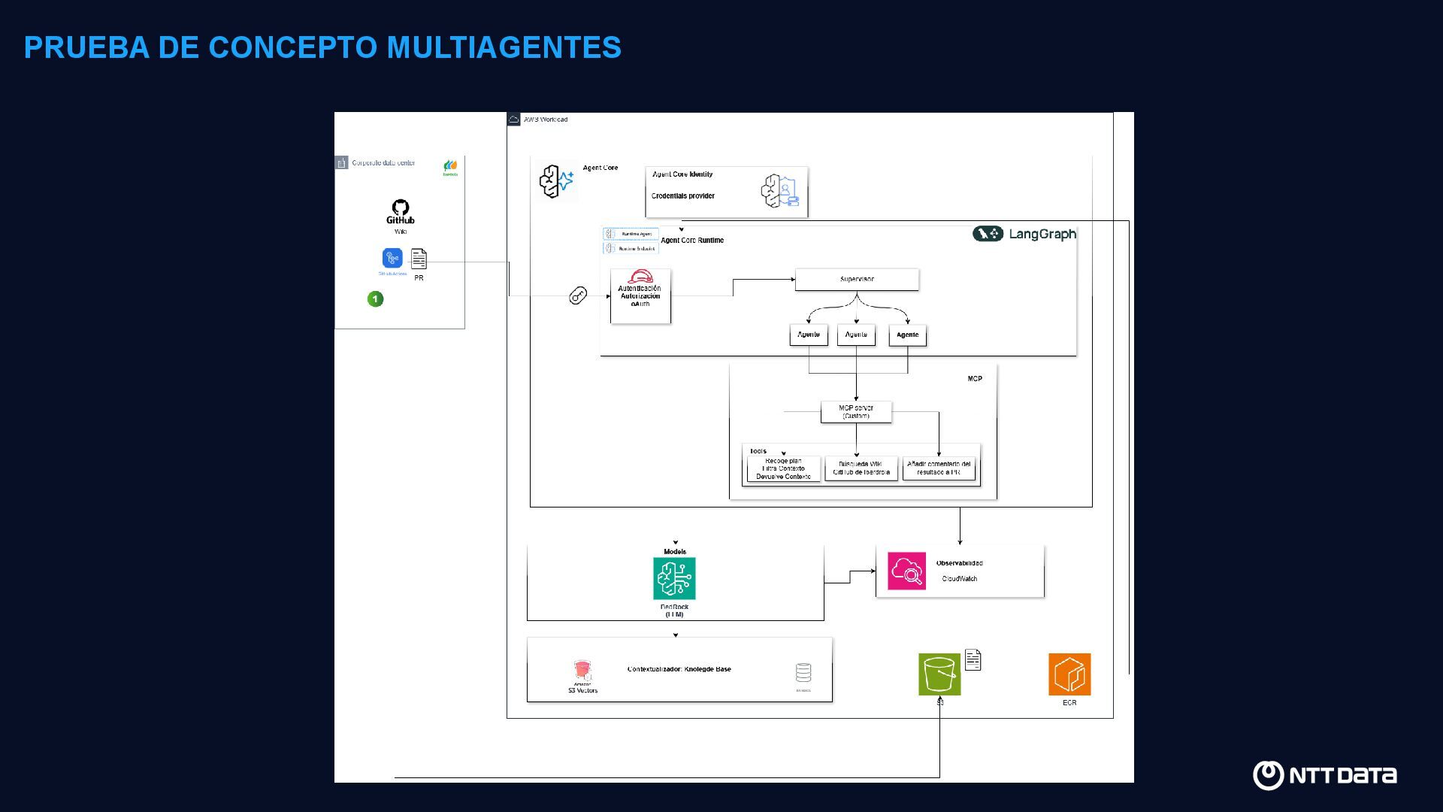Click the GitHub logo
coord(400,211)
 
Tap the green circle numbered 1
coord(375,299)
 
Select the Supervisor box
coord(857,280)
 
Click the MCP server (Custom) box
coord(856,412)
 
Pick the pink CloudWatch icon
coord(906,571)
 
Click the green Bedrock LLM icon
coord(674,578)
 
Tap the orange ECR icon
coord(1069,674)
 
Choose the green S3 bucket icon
coord(939,674)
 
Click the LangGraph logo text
coord(1042,234)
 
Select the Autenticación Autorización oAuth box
coord(640,296)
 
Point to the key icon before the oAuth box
coord(577,295)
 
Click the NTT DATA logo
coord(1324,775)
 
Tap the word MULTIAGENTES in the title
coord(504,47)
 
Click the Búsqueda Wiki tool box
coord(861,468)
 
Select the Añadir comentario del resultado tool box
coord(938,468)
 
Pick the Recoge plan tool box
coord(783,469)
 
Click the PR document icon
coord(419,259)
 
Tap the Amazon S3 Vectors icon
coord(582,671)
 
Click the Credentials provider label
coord(682,196)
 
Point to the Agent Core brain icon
coord(556,182)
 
